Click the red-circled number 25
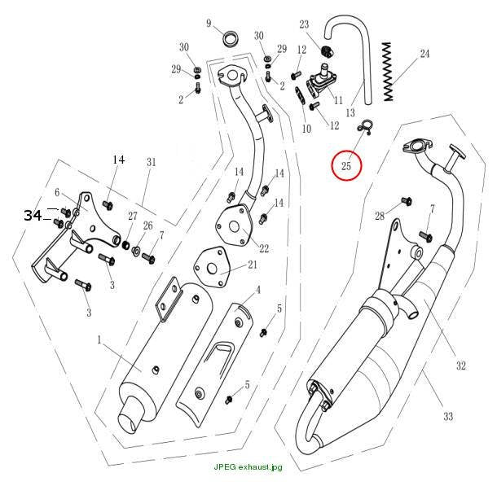pos(346,165)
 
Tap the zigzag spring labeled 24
pos(388,72)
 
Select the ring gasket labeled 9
pos(231,38)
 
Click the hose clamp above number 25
pos(365,126)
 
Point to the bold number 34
pos(33,215)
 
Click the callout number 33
pos(448,416)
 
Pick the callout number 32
pos(460,366)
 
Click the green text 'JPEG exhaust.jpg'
pos(248,467)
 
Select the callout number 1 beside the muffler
pos(99,339)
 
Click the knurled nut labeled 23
pos(327,50)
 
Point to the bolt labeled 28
pos(406,201)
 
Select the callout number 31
pos(152,162)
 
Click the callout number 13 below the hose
pos(350,112)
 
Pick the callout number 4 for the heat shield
pos(258,289)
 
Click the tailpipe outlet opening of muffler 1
pos(128,423)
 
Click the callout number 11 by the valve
pos(338,100)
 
